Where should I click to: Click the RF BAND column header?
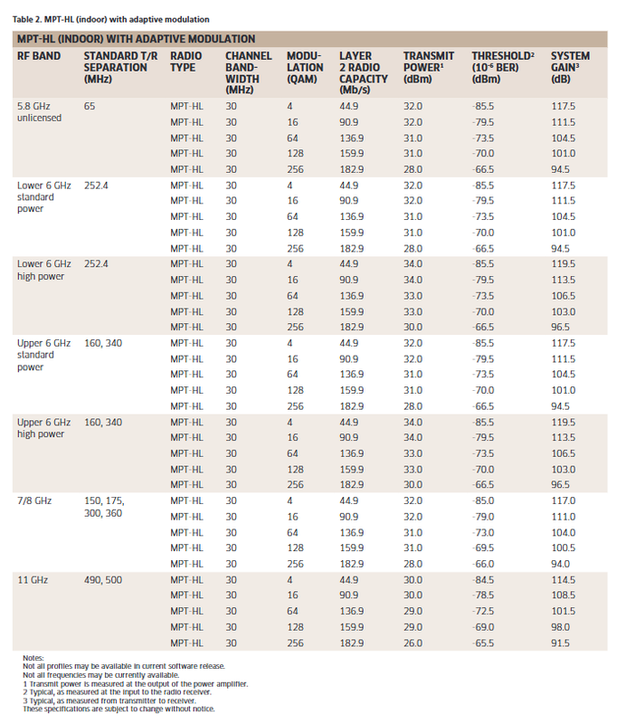pos(39,56)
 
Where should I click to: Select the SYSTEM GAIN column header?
pos(570,67)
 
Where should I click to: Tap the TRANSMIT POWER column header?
pos(429,67)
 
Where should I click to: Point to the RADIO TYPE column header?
pos(185,62)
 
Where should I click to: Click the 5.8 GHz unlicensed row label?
pos(39,111)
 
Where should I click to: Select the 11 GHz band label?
pos(33,580)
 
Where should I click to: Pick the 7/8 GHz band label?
pos(34,501)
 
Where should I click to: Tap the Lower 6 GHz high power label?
pos(43,270)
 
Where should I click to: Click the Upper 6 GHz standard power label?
pos(43,355)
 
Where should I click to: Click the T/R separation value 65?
pos(90,106)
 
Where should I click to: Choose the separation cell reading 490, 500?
pos(103,580)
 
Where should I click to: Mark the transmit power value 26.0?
pos(413,643)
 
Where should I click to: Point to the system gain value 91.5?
pos(561,643)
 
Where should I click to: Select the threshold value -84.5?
pos(483,580)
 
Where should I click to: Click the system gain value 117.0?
pos(564,501)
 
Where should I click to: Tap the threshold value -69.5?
pos(483,548)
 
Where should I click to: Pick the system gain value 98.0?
pos(561,627)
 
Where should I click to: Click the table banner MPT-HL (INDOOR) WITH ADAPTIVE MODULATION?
pos(137,39)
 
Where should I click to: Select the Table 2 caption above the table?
pos(110,19)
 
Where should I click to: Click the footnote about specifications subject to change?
pos(119,709)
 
